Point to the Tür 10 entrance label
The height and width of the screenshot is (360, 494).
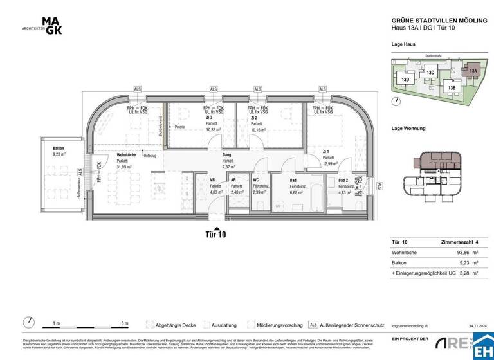(215, 235)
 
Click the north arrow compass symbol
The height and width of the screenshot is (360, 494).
(28, 323)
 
